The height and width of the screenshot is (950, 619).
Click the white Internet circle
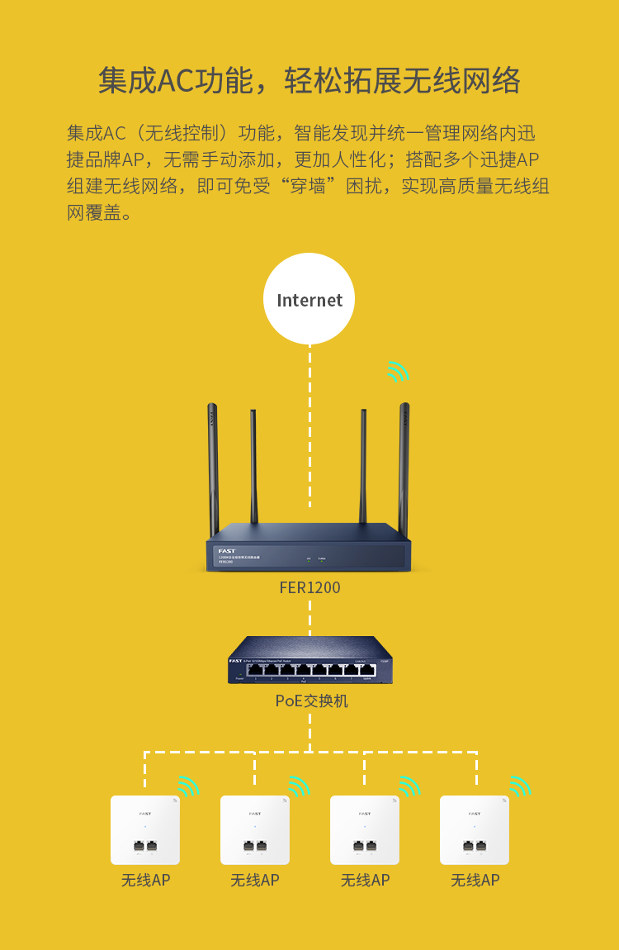click(309, 299)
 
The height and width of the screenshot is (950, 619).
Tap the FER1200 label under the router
click(309, 588)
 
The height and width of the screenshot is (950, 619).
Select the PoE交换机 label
click(311, 701)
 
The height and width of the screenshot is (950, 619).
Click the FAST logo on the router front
click(226, 551)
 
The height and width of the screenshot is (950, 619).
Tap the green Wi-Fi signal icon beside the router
click(398, 372)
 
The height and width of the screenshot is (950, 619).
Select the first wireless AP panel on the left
click(145, 829)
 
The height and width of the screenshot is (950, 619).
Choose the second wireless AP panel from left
click(255, 829)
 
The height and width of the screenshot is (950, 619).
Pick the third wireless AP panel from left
click(365, 829)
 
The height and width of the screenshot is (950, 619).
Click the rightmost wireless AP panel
click(475, 829)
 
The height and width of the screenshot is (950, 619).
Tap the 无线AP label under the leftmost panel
click(145, 881)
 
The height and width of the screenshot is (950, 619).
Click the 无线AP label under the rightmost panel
click(475, 881)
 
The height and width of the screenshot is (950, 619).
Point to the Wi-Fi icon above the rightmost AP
click(520, 786)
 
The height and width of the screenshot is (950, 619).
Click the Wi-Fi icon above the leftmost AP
click(189, 786)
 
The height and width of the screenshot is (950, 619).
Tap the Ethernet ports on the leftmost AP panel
click(145, 846)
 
